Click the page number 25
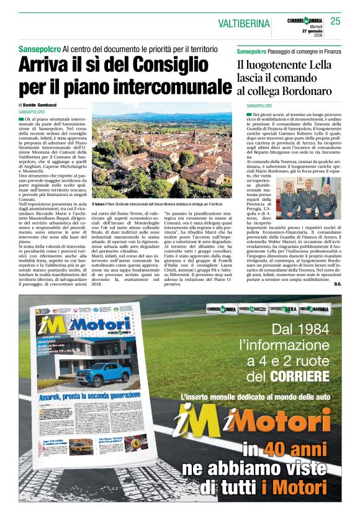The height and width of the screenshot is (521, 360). [x=335, y=21]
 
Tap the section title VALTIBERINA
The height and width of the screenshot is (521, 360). [x=245, y=24]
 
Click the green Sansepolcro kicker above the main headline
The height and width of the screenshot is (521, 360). [x=39, y=48]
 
